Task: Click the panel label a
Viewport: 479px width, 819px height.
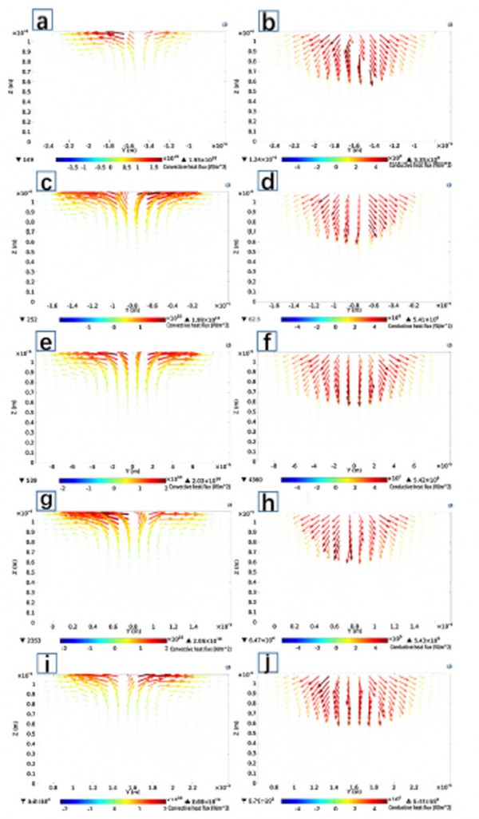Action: pos(42,18)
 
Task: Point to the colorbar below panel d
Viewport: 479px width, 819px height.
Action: pos(335,319)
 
